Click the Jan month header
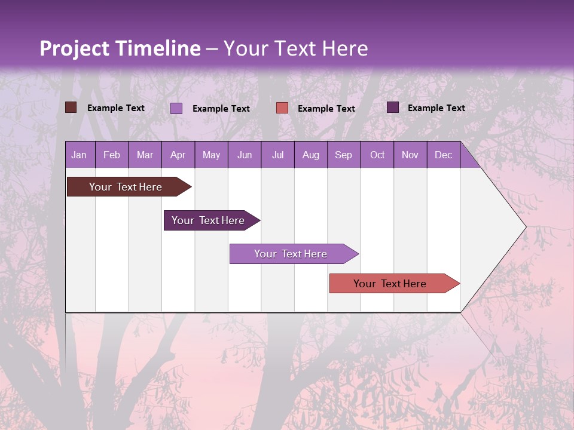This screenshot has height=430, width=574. point(79,155)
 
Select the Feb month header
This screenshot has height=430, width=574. point(112,155)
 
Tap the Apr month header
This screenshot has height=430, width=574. point(178,155)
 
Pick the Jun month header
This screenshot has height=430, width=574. point(245,155)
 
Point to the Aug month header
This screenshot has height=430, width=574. point(310,155)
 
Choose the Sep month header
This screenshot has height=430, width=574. point(343,155)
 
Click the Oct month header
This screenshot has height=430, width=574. point(377,155)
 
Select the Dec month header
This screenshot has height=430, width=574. point(443,155)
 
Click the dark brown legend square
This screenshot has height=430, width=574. point(71,107)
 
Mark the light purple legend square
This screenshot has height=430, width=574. point(176,108)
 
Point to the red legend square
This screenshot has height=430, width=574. point(282,108)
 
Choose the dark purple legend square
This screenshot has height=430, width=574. point(393,107)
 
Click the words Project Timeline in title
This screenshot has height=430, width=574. point(120,48)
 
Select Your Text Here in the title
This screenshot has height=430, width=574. point(295,48)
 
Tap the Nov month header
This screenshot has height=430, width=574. point(410,155)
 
